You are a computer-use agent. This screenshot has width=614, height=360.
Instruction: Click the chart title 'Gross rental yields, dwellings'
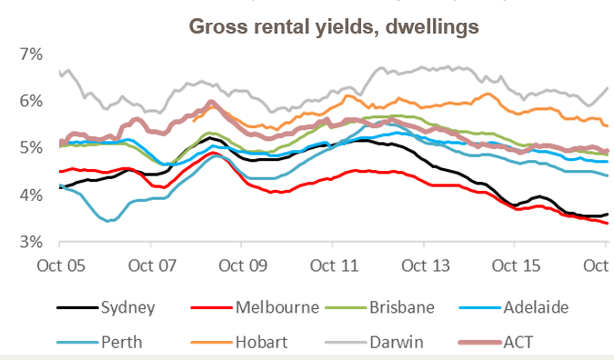click(x=333, y=26)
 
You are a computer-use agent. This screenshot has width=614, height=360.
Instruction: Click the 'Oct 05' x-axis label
click(x=60, y=265)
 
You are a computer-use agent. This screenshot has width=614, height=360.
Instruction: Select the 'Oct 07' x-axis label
click(x=151, y=265)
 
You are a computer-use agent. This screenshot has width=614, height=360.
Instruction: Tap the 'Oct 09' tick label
click(x=243, y=265)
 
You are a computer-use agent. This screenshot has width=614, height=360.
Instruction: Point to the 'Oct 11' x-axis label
click(x=334, y=265)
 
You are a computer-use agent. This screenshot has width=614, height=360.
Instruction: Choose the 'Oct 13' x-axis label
click(x=425, y=265)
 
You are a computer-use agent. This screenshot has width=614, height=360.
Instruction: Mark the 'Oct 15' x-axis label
click(x=516, y=265)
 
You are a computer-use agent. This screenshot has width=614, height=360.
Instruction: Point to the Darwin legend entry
click(x=393, y=343)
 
